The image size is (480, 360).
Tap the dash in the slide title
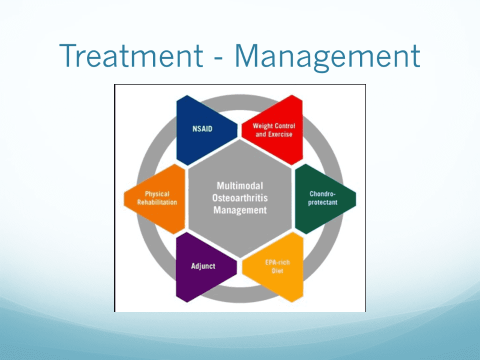(219, 57)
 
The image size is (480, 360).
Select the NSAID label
(202, 129)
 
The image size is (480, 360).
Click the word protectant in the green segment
(322, 202)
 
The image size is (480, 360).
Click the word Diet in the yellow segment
(277, 271)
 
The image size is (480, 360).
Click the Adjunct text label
(203, 266)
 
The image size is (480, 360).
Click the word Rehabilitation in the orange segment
(157, 202)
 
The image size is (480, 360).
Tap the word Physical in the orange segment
(157, 194)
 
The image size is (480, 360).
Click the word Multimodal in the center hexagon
(240, 186)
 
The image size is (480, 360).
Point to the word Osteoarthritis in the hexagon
(240, 198)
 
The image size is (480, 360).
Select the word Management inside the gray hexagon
(240, 210)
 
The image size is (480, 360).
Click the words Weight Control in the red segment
(274, 126)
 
